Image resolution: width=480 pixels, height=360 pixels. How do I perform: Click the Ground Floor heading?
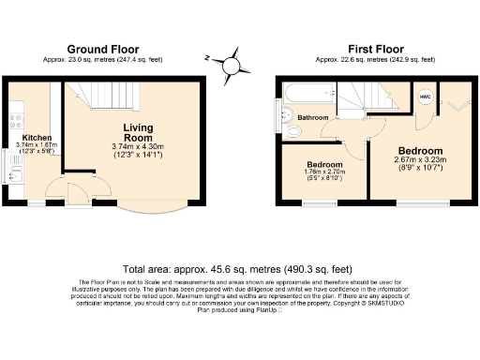click(102, 49)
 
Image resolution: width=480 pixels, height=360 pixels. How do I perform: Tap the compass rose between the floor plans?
click(230, 67)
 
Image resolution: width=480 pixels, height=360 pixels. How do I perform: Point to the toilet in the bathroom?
click(284, 117)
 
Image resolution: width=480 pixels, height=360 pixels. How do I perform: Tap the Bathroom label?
click(313, 118)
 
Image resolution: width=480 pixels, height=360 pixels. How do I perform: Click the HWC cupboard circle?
click(425, 97)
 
